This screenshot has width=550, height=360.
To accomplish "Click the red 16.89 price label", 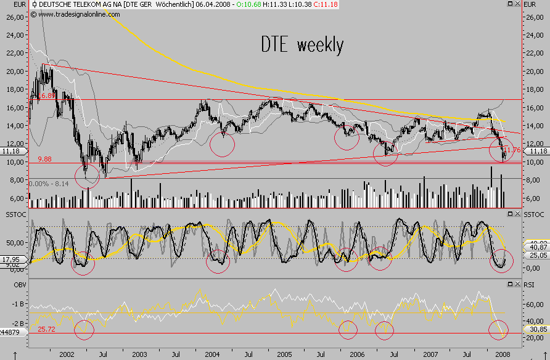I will [46, 96].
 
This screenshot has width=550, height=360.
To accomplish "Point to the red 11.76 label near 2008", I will [512, 149].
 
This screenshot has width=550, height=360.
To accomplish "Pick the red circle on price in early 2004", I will [223, 144].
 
